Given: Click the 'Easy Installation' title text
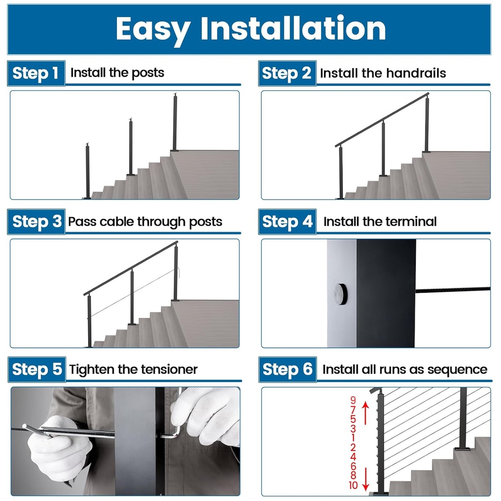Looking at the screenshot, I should [250, 29].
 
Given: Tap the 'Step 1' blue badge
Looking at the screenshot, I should [36, 73].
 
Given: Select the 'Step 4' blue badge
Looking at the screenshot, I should [287, 222].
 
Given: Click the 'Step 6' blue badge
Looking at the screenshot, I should [287, 369].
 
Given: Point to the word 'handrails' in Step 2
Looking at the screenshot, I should [415, 73].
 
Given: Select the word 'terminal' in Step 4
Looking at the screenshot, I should [410, 222].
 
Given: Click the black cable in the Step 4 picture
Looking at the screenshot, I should [453, 290].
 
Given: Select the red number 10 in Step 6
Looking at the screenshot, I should [353, 485].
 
